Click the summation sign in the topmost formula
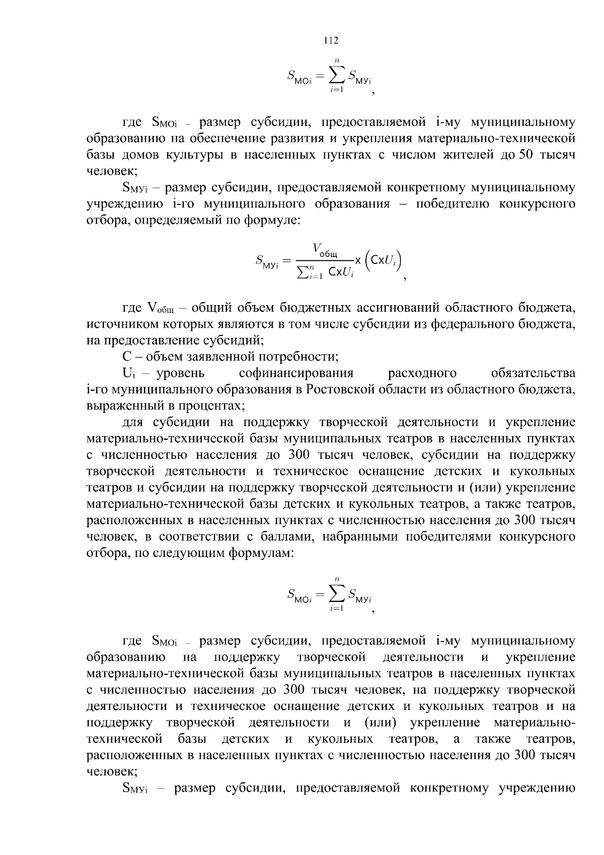point(337,75)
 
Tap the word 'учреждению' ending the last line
point(537,788)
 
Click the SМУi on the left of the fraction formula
point(267,261)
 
